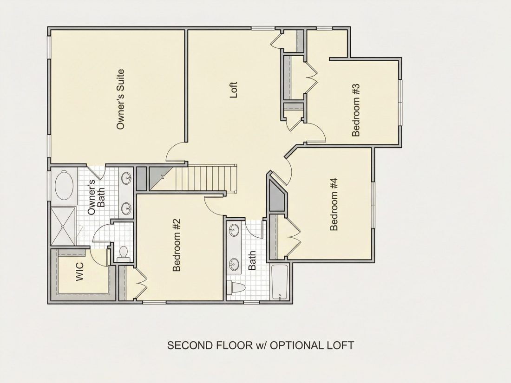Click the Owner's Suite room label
pyautogui.click(x=121, y=99)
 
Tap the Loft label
pyautogui.click(x=234, y=90)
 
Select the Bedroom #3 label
pyautogui.click(x=356, y=110)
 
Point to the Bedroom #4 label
pyautogui.click(x=334, y=204)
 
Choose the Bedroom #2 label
pyautogui.click(x=177, y=245)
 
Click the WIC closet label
pyautogui.click(x=79, y=271)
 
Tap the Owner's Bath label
pyautogui.click(x=97, y=197)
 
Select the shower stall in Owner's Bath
pyautogui.click(x=63, y=226)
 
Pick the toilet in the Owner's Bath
pyautogui.click(x=123, y=253)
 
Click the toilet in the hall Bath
pyautogui.click(x=236, y=287)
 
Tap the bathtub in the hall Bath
pyautogui.click(x=279, y=282)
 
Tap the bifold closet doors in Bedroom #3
pyautogui.click(x=311, y=77)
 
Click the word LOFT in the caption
pyautogui.click(x=339, y=345)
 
